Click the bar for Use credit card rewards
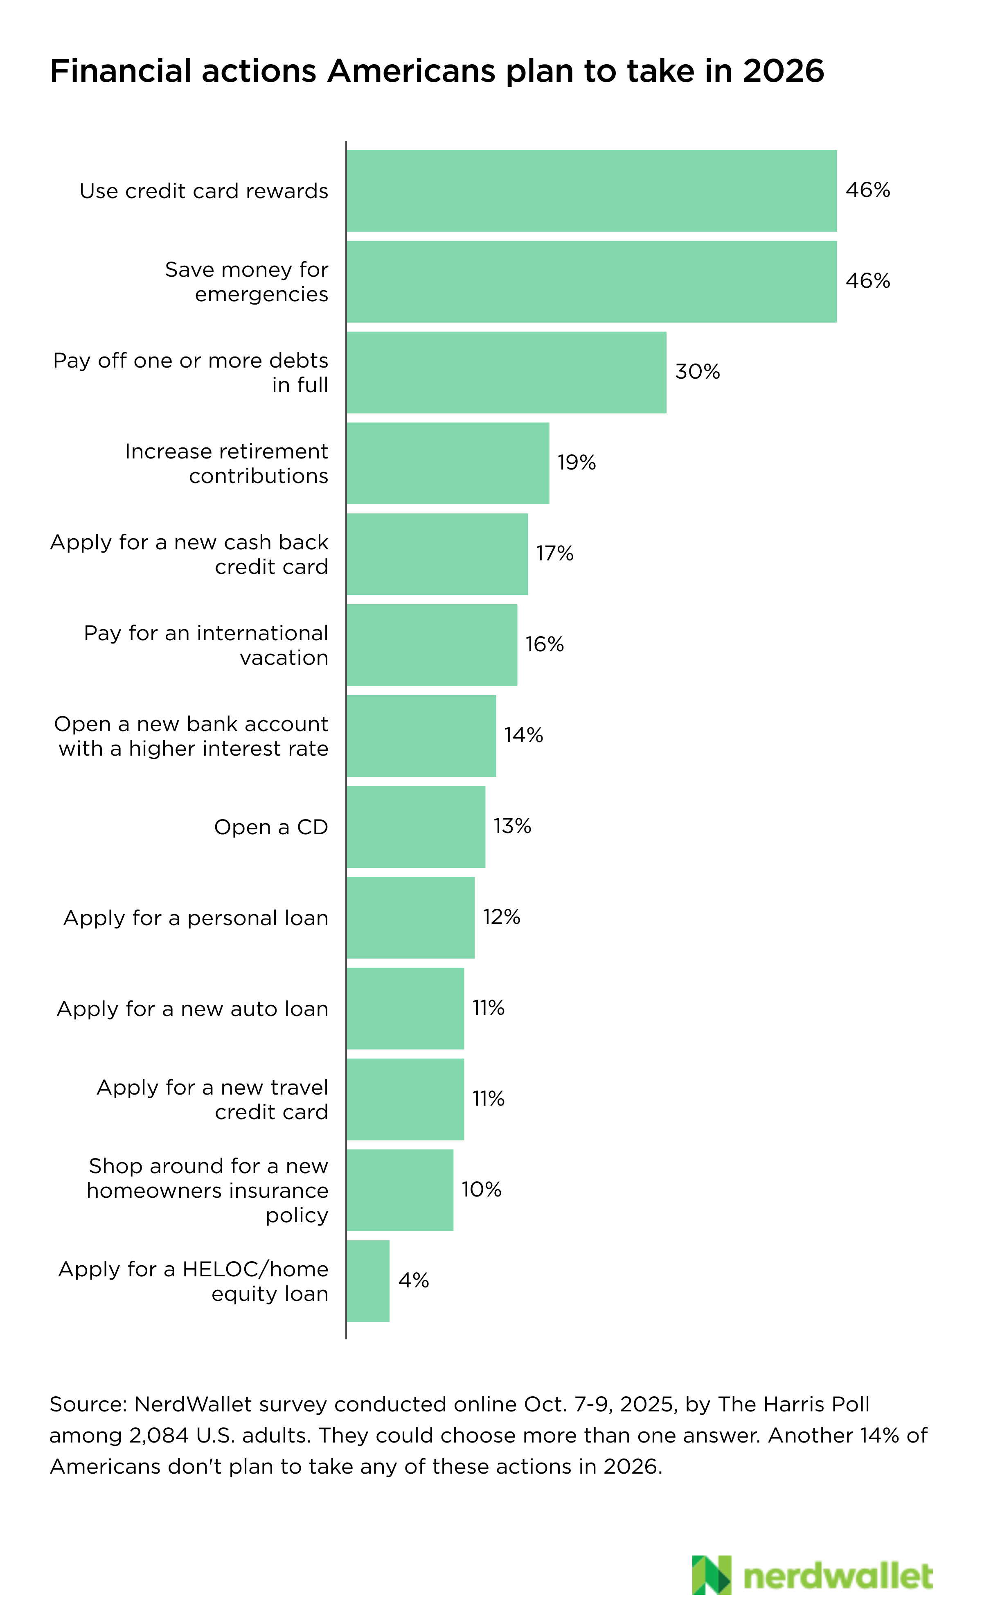point(591,191)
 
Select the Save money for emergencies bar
point(591,282)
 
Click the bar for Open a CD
point(416,827)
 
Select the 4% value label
point(414,1281)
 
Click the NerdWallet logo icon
point(711,1575)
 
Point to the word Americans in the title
point(411,71)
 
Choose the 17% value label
point(554,554)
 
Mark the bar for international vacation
point(432,645)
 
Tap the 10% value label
point(482,1190)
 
